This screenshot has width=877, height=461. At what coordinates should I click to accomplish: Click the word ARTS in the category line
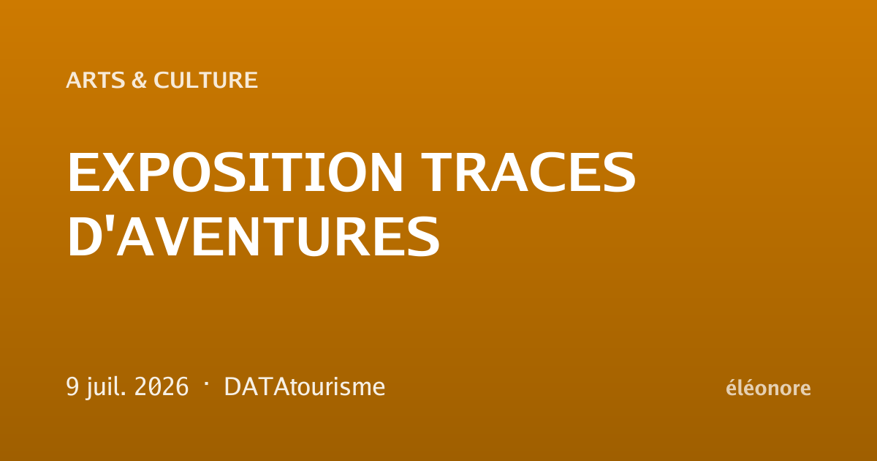96,80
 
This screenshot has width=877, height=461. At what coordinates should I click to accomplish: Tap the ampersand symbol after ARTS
139,80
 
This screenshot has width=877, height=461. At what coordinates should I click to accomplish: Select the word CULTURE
205,80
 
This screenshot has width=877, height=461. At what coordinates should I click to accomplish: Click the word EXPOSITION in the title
235,173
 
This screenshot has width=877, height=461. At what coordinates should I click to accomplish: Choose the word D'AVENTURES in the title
254,236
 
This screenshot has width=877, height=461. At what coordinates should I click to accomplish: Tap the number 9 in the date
72,386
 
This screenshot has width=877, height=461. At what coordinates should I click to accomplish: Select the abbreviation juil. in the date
107,388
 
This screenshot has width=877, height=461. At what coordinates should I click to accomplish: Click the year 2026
162,386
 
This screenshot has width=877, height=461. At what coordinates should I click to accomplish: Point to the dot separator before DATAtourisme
206,383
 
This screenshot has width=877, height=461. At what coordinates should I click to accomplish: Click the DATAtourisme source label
305,387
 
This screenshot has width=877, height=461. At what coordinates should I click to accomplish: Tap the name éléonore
768,387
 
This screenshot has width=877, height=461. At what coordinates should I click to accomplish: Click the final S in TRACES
619,173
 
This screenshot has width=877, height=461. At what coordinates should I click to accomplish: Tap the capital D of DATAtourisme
232,387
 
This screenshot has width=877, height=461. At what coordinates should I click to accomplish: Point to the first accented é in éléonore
732,387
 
